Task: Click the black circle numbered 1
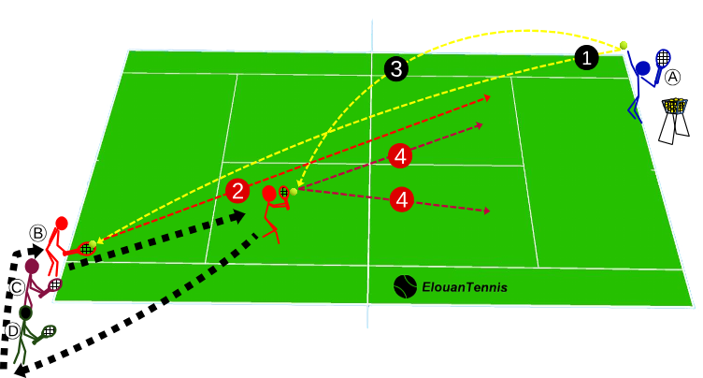click(586, 58)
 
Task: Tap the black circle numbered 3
click(395, 68)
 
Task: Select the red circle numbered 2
click(238, 192)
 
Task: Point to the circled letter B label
click(37, 232)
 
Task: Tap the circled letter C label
click(17, 286)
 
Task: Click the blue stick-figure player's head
click(643, 67)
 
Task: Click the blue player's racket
click(664, 58)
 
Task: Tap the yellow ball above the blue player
click(624, 45)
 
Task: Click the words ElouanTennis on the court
click(465, 287)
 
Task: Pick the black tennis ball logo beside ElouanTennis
click(406, 286)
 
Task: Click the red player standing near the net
click(272, 211)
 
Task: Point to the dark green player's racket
click(47, 331)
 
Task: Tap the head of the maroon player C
click(33, 268)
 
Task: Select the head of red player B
click(61, 224)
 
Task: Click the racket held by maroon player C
click(56, 283)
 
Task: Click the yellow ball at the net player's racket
click(294, 191)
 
